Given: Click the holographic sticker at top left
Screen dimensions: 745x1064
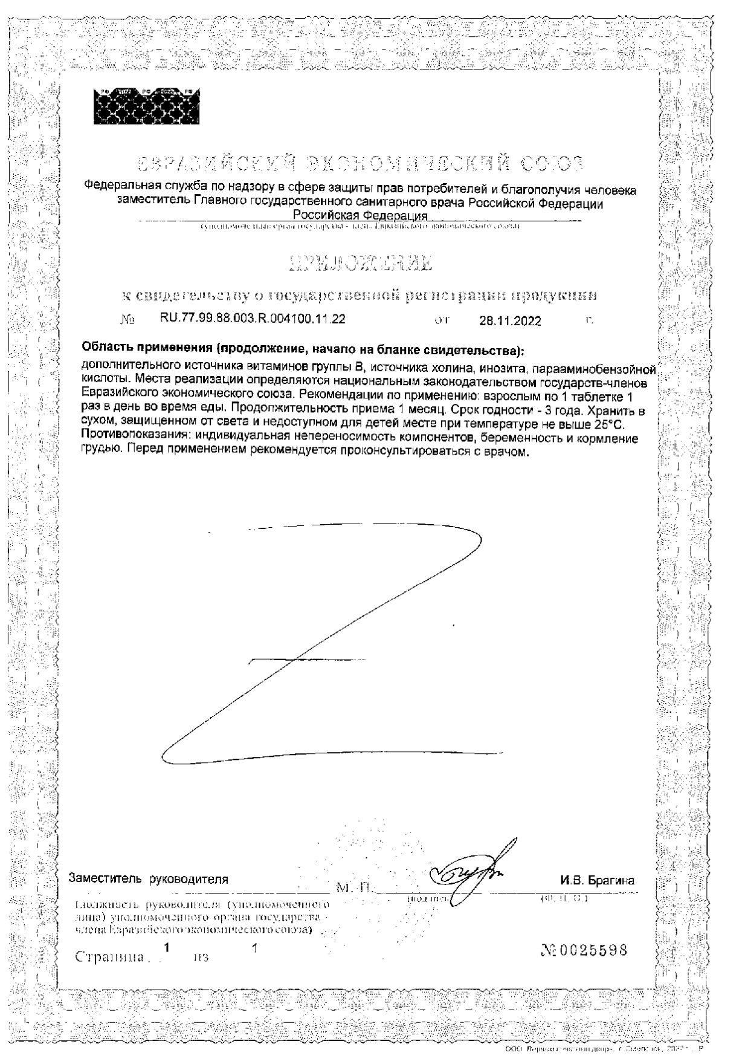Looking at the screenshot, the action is coord(146,106).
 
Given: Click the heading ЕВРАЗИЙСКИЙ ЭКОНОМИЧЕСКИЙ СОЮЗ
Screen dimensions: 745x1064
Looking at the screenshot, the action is coord(360,163).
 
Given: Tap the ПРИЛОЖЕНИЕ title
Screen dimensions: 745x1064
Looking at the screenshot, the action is coord(361,262).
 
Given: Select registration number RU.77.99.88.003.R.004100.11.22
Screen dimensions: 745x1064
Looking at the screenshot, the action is coord(253,319).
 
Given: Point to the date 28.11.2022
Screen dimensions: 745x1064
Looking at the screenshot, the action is coord(510,321).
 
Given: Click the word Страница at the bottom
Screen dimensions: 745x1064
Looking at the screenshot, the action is coord(109,957).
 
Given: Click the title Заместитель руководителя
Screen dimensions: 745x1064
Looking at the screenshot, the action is coord(149,879).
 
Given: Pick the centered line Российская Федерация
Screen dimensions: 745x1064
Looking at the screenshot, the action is coord(360,216).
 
